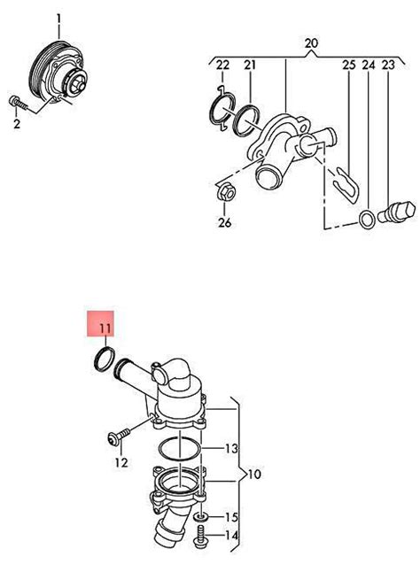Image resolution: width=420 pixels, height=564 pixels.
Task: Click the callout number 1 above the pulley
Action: click(58, 18)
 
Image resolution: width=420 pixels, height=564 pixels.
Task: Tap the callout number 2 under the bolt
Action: click(17, 124)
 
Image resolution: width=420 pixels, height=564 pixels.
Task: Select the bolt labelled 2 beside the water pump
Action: click(17, 103)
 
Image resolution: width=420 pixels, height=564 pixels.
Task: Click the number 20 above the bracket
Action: click(311, 43)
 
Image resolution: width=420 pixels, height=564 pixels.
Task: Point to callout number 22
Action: click(222, 66)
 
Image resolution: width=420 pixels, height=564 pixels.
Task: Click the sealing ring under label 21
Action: click(247, 121)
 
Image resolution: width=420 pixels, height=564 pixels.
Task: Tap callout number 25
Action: click(349, 66)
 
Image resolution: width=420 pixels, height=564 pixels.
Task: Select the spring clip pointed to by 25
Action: click(346, 185)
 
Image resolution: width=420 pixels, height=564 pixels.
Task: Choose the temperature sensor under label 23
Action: click(397, 212)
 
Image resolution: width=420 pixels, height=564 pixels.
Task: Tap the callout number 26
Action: click(224, 223)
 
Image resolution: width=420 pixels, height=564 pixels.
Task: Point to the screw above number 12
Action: click(119, 437)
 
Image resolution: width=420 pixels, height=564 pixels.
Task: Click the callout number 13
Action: click(231, 449)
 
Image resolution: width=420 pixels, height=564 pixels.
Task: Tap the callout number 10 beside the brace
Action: click(253, 474)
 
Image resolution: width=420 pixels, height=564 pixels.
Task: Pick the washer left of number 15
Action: click(201, 517)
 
